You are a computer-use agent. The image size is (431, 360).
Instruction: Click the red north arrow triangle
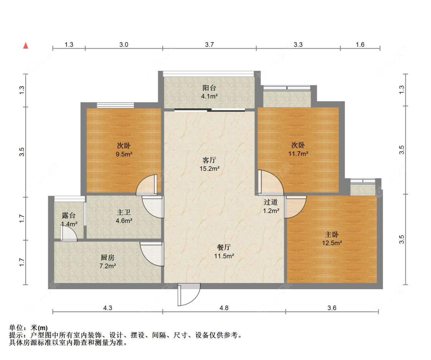tap(26, 46)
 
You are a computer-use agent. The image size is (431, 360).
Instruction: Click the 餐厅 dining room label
tap(224, 248)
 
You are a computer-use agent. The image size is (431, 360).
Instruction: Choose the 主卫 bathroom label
tap(124, 212)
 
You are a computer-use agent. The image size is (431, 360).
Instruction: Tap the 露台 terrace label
tap(69, 216)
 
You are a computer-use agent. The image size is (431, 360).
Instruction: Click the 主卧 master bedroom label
tap(332, 234)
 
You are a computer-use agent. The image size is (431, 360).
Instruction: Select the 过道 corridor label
tap(271, 202)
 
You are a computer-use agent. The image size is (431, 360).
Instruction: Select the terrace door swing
tap(68, 234)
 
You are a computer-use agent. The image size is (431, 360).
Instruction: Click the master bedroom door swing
tap(295, 207)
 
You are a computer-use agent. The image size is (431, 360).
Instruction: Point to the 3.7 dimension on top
tap(209, 45)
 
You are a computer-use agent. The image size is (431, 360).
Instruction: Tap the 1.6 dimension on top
tap(360, 45)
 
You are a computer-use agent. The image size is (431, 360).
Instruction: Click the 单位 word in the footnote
tap(16, 328)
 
